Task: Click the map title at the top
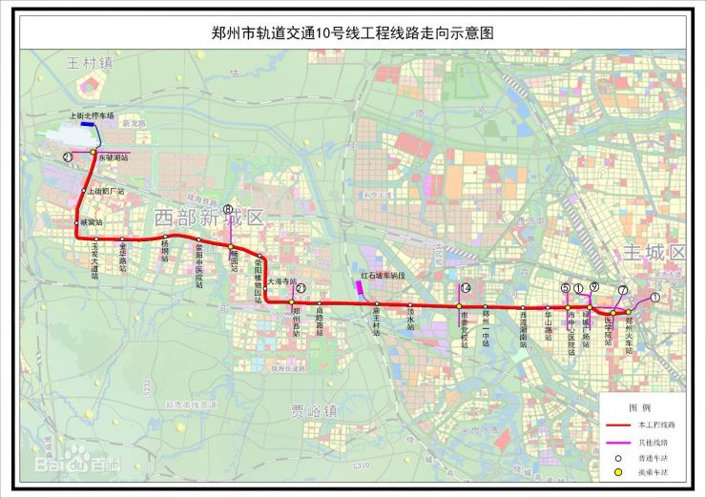(x=353, y=31)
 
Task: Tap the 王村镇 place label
(x=91, y=64)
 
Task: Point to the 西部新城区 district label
(x=209, y=218)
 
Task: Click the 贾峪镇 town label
(x=314, y=411)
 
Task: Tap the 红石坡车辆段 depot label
(x=383, y=275)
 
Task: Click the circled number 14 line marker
(x=466, y=288)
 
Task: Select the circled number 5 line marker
(x=565, y=288)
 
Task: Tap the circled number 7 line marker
(x=622, y=290)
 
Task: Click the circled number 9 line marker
(x=593, y=287)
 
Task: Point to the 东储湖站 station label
(x=113, y=157)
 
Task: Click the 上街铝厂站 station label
(x=107, y=192)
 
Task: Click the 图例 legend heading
(x=645, y=406)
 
